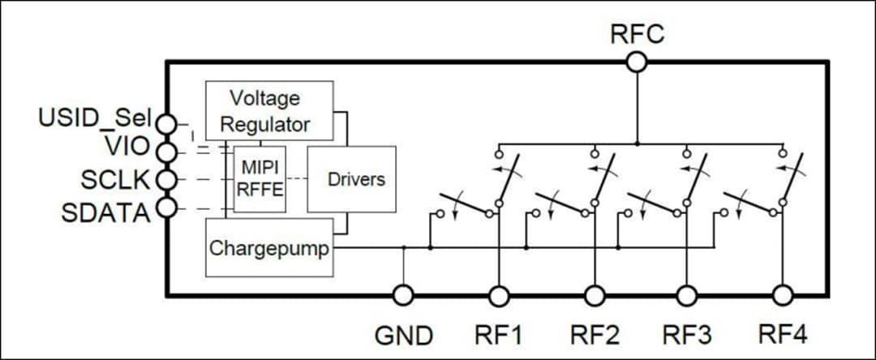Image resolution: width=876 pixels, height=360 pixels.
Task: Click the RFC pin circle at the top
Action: [637, 62]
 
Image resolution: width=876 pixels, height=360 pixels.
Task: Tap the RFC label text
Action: [638, 35]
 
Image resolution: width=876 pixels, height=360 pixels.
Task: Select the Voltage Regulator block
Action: [269, 111]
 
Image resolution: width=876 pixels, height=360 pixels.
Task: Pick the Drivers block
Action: [351, 179]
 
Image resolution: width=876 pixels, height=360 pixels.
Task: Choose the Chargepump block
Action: [269, 247]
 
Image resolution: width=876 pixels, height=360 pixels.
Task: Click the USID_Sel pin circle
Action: [166, 123]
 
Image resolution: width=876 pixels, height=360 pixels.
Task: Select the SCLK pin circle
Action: [166, 179]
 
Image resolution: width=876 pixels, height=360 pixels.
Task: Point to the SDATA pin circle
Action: [166, 208]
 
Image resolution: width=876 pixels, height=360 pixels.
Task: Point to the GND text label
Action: [403, 334]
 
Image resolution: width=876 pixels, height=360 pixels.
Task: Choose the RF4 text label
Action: [783, 333]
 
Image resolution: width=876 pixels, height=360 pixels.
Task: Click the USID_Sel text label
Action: [95, 118]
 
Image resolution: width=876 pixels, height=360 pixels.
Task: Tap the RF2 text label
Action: [595, 334]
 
